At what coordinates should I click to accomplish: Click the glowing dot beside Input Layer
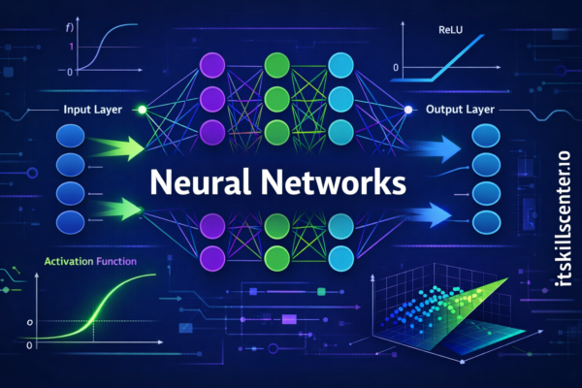(142, 111)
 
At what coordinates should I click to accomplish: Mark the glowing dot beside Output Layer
(408, 111)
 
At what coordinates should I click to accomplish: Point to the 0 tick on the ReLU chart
(396, 68)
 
